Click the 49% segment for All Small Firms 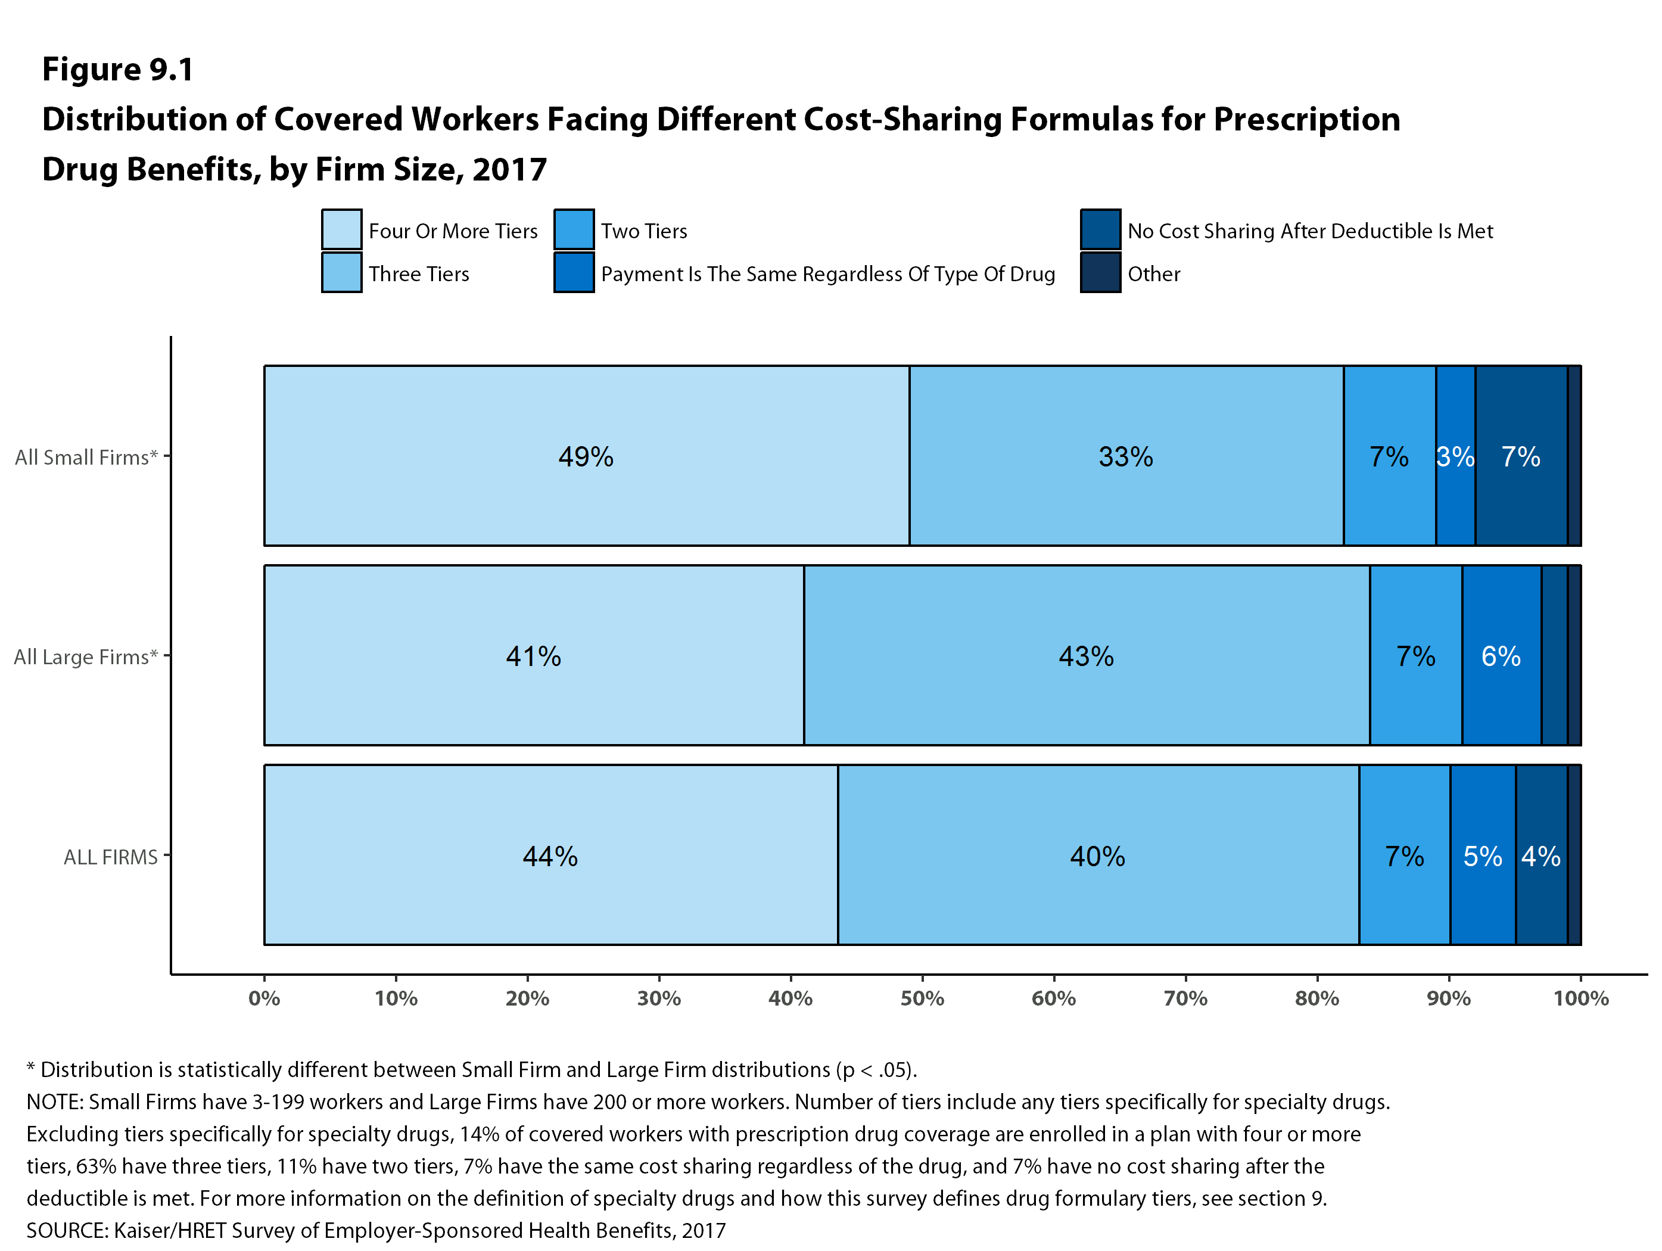click(586, 456)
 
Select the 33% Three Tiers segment click(1125, 456)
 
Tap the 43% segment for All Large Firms click(1086, 656)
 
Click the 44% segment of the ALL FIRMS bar click(550, 856)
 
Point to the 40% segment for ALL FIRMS click(1097, 856)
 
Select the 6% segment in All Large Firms click(1501, 656)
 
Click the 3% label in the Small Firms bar click(1455, 456)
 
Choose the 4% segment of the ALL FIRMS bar click(1540, 856)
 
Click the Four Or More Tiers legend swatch click(342, 229)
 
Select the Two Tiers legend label click(644, 231)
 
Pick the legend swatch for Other click(1100, 272)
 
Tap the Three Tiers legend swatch click(342, 272)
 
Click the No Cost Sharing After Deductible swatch click(1100, 229)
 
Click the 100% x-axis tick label click(1581, 998)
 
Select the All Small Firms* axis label click(86, 457)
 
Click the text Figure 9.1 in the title click(118, 69)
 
